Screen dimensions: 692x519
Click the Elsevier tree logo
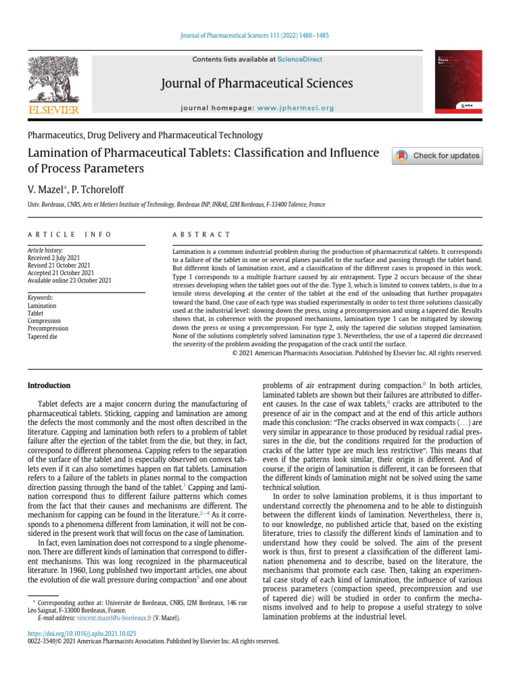click(x=53, y=79)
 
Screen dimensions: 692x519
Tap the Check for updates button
click(x=437, y=155)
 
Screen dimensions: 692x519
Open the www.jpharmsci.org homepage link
click(x=295, y=108)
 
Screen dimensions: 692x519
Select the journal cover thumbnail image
click(x=459, y=82)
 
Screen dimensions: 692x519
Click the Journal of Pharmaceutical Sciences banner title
click(x=257, y=84)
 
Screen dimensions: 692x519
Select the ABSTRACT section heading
click(x=201, y=234)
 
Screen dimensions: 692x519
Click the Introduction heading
click(x=49, y=385)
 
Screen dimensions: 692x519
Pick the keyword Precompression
click(x=49, y=328)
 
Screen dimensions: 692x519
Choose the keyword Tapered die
click(x=44, y=336)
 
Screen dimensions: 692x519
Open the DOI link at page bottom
click(x=81, y=633)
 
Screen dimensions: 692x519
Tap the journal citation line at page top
click(x=259, y=35)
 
